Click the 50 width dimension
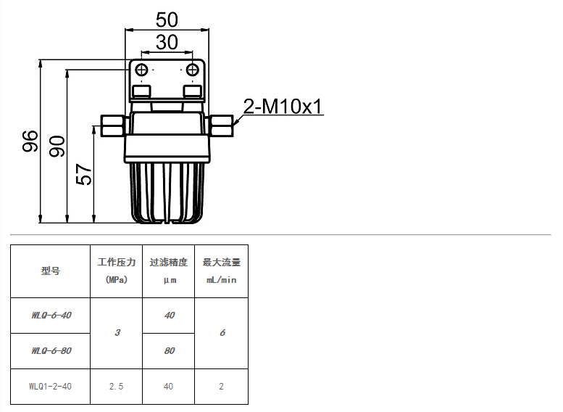pyautogui.click(x=167, y=20)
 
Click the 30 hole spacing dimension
pyautogui.click(x=167, y=42)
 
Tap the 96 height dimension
pyautogui.click(x=30, y=141)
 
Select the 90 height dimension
pyautogui.click(x=57, y=146)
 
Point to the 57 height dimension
pyautogui.click(x=84, y=174)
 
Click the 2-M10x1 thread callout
pyautogui.click(x=283, y=107)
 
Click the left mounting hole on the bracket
pyautogui.click(x=142, y=70)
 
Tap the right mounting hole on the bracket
pyautogui.click(x=193, y=70)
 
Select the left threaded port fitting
pyautogui.click(x=114, y=125)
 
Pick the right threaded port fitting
pyautogui.click(x=220, y=125)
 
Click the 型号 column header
pyautogui.click(x=50, y=271)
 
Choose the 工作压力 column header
pyautogui.click(x=117, y=271)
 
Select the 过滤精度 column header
pyautogui.click(x=168, y=271)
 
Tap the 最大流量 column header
pyautogui.click(x=221, y=271)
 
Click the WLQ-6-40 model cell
pyautogui.click(x=50, y=316)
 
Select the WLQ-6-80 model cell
pyautogui.click(x=50, y=351)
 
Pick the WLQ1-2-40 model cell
pyautogui.click(x=50, y=387)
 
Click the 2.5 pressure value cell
pyautogui.click(x=117, y=387)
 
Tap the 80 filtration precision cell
pyautogui.click(x=168, y=351)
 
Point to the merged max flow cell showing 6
pyautogui.click(x=221, y=333)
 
